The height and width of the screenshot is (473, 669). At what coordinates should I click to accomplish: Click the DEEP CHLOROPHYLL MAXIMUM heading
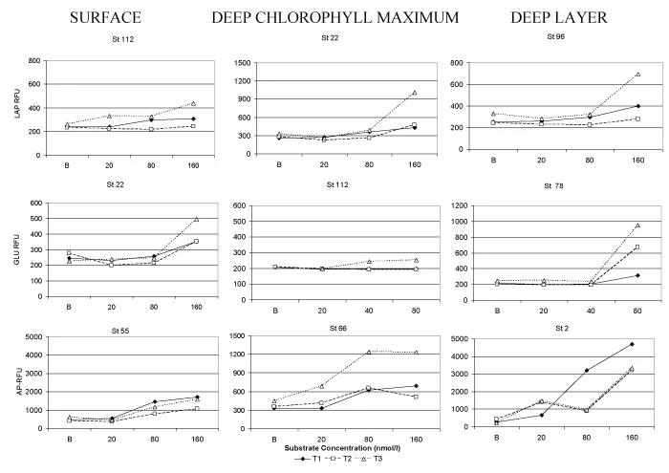click(x=337, y=17)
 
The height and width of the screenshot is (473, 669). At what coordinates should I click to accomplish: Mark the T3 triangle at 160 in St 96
click(x=637, y=74)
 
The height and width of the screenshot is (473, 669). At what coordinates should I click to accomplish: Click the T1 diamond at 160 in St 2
click(x=633, y=344)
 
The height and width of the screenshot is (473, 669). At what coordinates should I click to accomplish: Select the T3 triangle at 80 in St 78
click(x=637, y=226)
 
